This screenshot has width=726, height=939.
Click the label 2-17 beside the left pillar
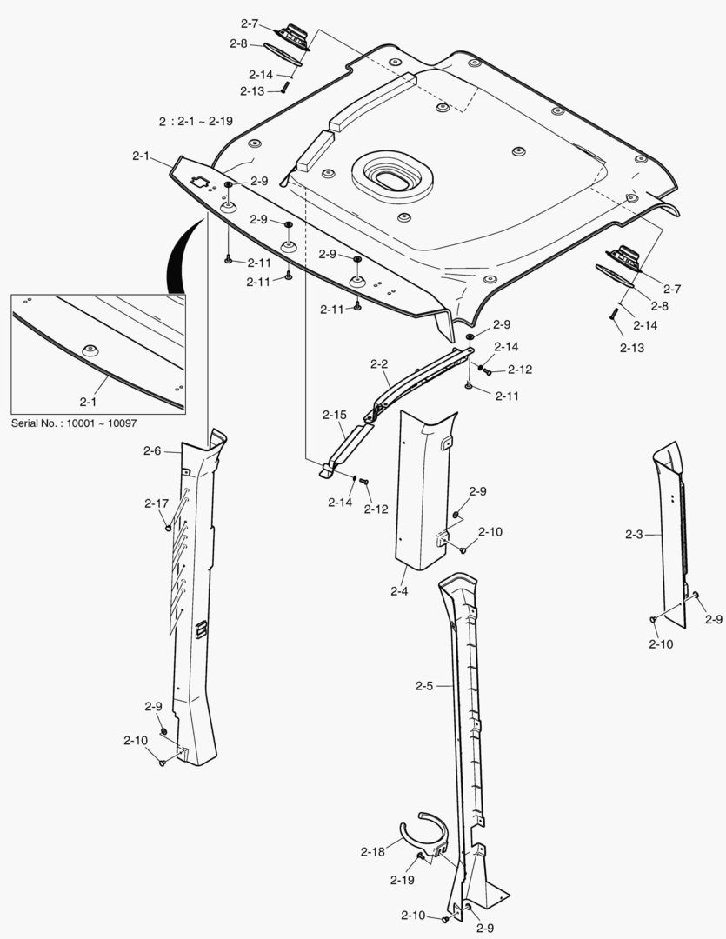157,503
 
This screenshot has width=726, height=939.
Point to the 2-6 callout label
152,450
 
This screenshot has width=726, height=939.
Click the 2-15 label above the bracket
335,415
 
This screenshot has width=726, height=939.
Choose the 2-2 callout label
379,364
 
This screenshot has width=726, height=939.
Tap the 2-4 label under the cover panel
399,591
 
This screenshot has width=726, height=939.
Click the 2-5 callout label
424,686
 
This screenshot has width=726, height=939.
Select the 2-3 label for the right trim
634,534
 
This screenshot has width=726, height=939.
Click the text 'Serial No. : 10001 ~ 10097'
74,423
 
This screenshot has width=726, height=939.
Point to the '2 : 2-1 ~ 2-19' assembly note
196,121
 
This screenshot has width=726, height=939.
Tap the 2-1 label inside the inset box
89,401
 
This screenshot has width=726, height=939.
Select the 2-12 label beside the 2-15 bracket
376,509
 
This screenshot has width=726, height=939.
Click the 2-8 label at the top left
238,43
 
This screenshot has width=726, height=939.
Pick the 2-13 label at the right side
632,347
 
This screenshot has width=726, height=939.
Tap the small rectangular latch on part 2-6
201,628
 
